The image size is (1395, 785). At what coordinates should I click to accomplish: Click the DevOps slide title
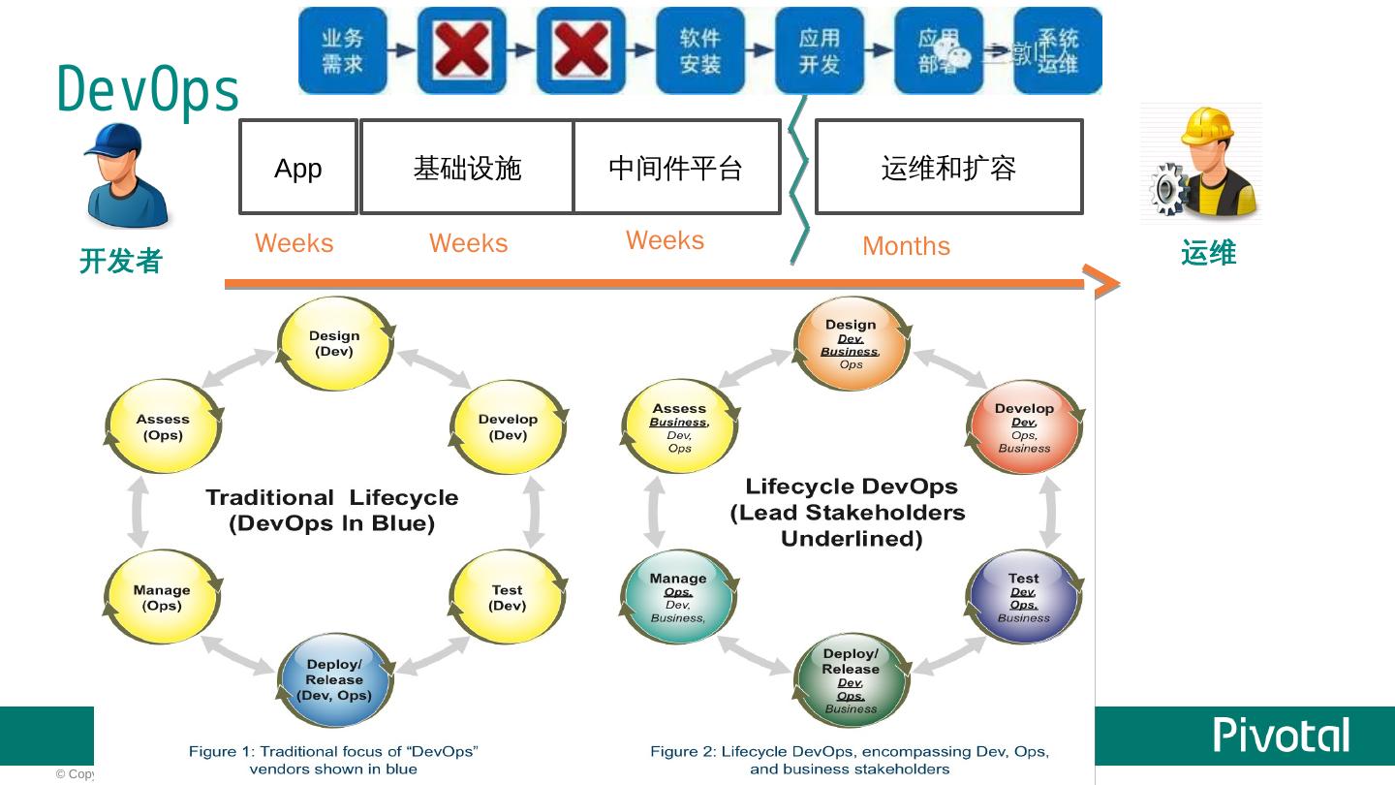point(148,90)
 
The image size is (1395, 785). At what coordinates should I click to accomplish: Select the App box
point(298,167)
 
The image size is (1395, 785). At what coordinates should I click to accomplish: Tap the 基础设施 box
point(467,167)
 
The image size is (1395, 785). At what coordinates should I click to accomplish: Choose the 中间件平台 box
point(676,167)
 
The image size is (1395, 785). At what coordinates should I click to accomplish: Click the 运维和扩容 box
point(948,167)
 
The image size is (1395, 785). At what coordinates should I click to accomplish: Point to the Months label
point(906,246)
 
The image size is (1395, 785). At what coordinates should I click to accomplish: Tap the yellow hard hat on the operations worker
point(1206,125)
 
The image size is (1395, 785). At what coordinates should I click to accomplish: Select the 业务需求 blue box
point(342,50)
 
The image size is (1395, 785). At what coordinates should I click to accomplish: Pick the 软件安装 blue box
point(699,50)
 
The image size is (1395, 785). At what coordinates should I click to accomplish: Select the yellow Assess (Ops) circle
point(163,426)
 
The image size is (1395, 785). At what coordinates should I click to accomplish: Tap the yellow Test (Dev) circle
point(507,597)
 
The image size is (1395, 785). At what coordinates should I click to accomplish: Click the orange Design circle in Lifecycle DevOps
point(851,343)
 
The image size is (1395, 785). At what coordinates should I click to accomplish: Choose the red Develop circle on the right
point(1024,427)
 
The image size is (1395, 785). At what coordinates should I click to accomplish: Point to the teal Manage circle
point(678,597)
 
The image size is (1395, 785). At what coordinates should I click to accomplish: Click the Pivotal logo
point(1281,736)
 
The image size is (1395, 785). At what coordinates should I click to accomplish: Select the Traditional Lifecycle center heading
point(331,510)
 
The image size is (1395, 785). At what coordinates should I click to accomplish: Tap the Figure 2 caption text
point(849,759)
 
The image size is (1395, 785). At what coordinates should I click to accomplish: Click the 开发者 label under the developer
point(120,261)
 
